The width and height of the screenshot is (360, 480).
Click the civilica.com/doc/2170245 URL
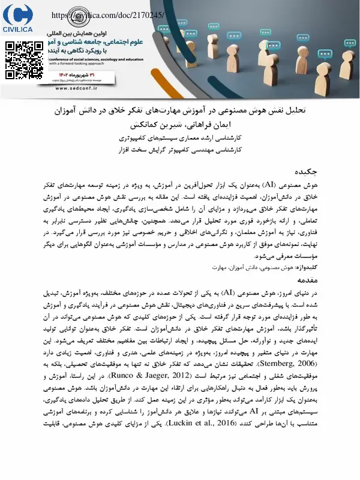[x=108, y=15]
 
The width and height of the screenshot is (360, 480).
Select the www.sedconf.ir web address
[x=91, y=88]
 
